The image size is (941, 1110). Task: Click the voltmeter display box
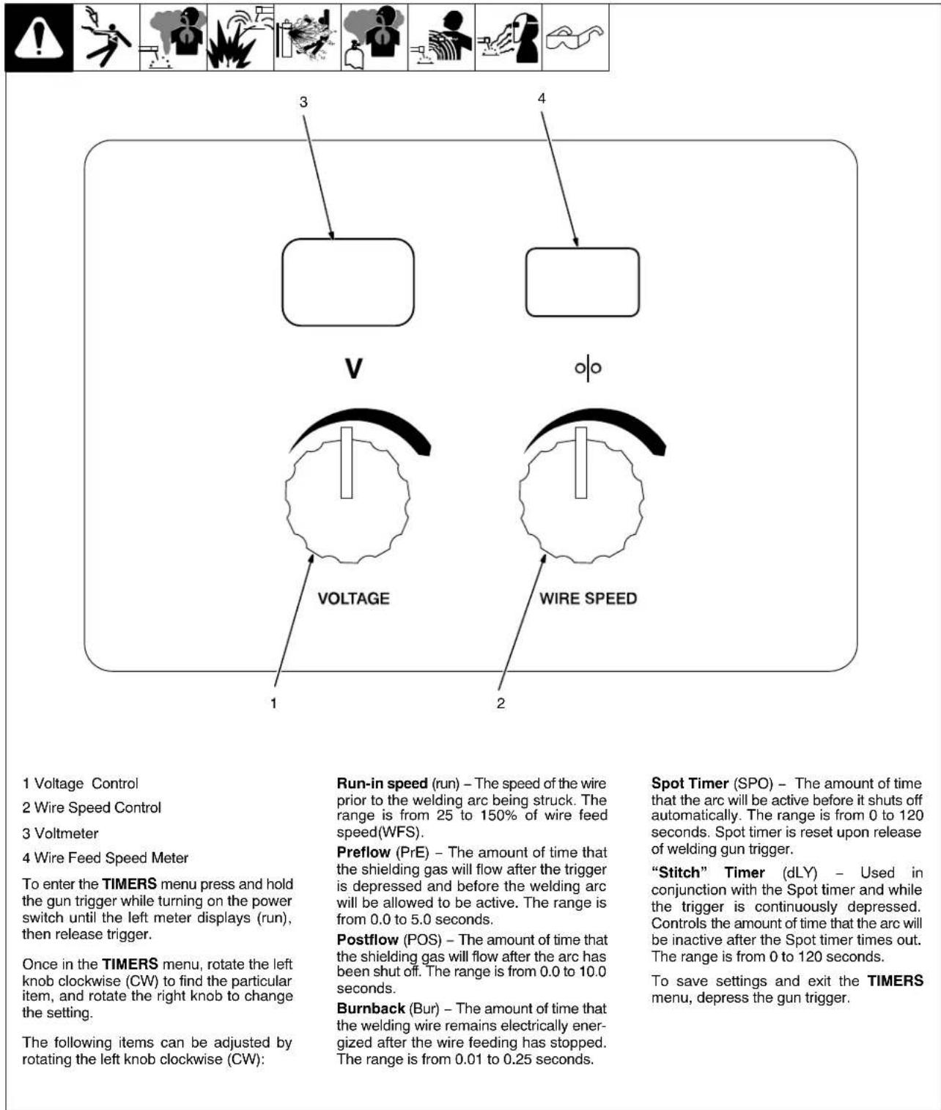pyautogui.click(x=348, y=282)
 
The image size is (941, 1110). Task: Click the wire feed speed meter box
pyautogui.click(x=582, y=282)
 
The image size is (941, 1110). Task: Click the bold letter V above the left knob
pyautogui.click(x=354, y=368)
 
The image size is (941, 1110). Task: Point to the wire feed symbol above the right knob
pyautogui.click(x=588, y=368)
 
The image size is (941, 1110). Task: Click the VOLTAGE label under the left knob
pyautogui.click(x=353, y=599)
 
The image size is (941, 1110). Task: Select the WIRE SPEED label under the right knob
pyautogui.click(x=588, y=599)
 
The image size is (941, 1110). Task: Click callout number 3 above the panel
pyautogui.click(x=303, y=102)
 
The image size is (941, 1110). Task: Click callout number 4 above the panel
pyautogui.click(x=542, y=98)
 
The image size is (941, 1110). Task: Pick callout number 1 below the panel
pyautogui.click(x=273, y=703)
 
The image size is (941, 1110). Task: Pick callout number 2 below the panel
pyautogui.click(x=501, y=703)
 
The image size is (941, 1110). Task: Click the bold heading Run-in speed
pyautogui.click(x=382, y=783)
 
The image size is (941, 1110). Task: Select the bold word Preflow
pyautogui.click(x=364, y=852)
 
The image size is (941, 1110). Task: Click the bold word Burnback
pyautogui.click(x=371, y=1008)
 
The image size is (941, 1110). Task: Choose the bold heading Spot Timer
pyautogui.click(x=690, y=783)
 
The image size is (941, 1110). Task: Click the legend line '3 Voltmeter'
pyautogui.click(x=60, y=833)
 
